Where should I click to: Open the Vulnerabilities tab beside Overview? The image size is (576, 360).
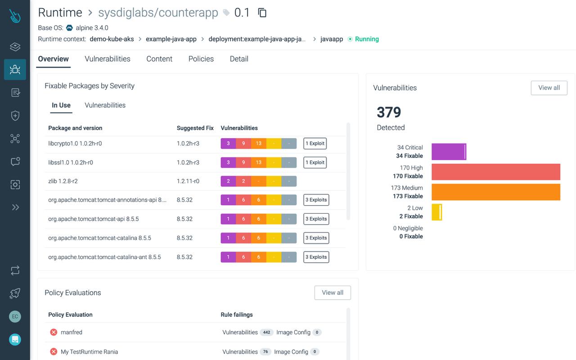click(x=108, y=59)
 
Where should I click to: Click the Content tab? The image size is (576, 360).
click(x=159, y=59)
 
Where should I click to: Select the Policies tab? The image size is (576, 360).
click(x=201, y=59)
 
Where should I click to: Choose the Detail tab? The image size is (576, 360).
click(x=239, y=59)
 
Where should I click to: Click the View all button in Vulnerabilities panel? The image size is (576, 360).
click(x=549, y=88)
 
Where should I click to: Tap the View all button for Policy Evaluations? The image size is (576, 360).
click(x=333, y=292)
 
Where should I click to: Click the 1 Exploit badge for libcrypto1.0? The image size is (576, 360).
click(x=315, y=144)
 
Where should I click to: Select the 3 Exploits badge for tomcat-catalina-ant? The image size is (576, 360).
click(x=316, y=257)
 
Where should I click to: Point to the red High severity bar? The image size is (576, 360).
click(x=495, y=172)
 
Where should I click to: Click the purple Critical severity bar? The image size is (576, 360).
click(x=449, y=152)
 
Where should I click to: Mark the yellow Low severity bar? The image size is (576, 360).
click(x=436, y=212)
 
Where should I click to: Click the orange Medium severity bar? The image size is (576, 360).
click(x=495, y=192)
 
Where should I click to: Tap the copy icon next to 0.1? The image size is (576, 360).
click(x=262, y=13)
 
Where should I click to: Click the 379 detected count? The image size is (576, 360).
click(x=389, y=112)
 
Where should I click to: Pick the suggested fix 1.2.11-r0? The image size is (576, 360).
click(x=188, y=181)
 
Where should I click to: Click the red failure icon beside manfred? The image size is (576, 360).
click(x=54, y=332)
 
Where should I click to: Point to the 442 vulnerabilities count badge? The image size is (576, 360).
click(x=266, y=333)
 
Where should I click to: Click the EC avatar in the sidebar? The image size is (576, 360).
click(x=15, y=316)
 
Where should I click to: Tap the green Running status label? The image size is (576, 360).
click(x=367, y=39)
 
